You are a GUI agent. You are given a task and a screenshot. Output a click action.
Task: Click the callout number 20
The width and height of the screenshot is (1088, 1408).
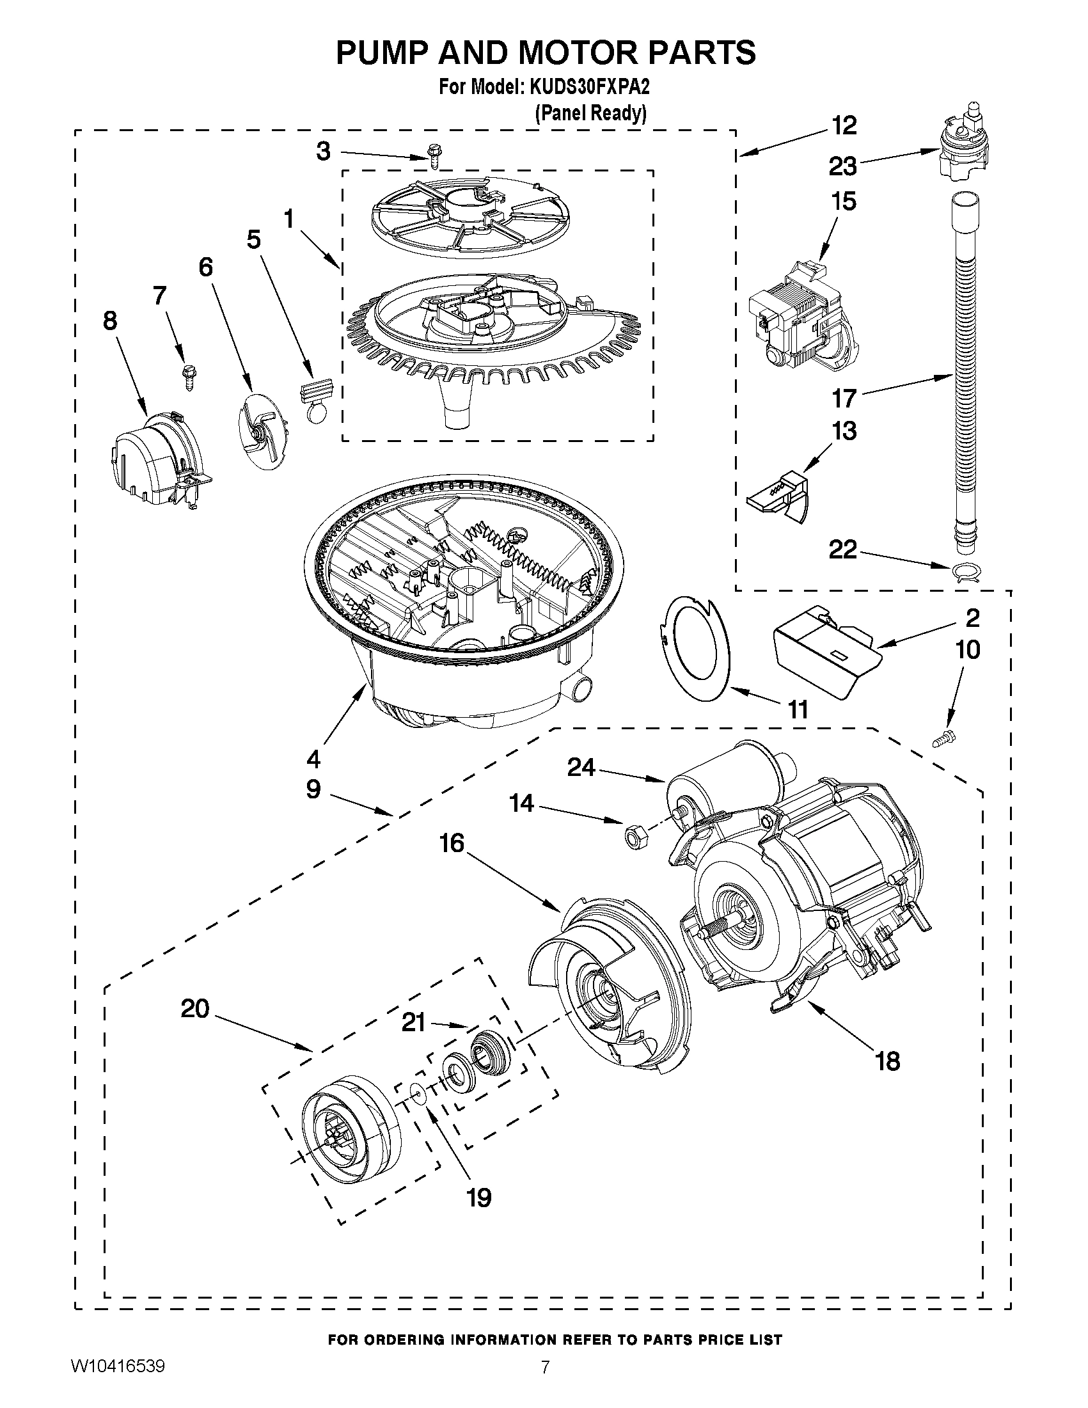pyautogui.click(x=195, y=1008)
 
